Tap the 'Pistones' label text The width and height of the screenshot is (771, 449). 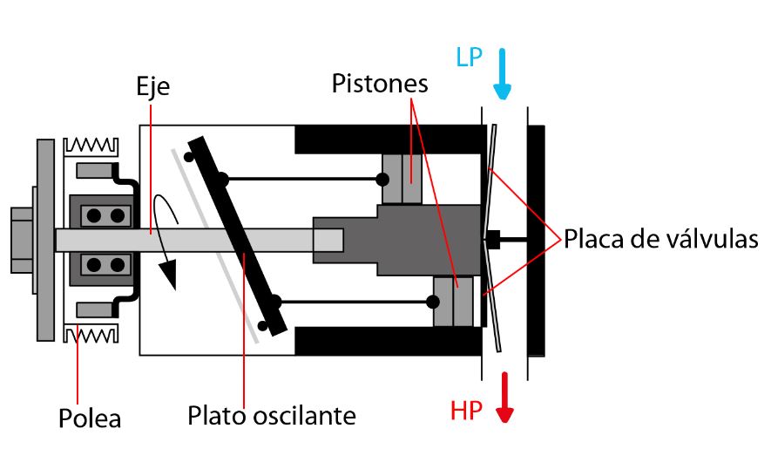coord(380,84)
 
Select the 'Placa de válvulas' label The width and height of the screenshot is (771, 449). coord(661,238)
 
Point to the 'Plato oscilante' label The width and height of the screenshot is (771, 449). coord(272,415)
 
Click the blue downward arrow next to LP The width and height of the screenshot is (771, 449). coord(503,75)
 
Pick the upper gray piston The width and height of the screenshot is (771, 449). coord(402,180)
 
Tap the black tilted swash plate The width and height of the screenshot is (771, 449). coord(238,235)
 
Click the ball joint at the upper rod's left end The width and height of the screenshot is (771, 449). coord(224,180)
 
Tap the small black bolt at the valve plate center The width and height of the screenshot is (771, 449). coord(493,239)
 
